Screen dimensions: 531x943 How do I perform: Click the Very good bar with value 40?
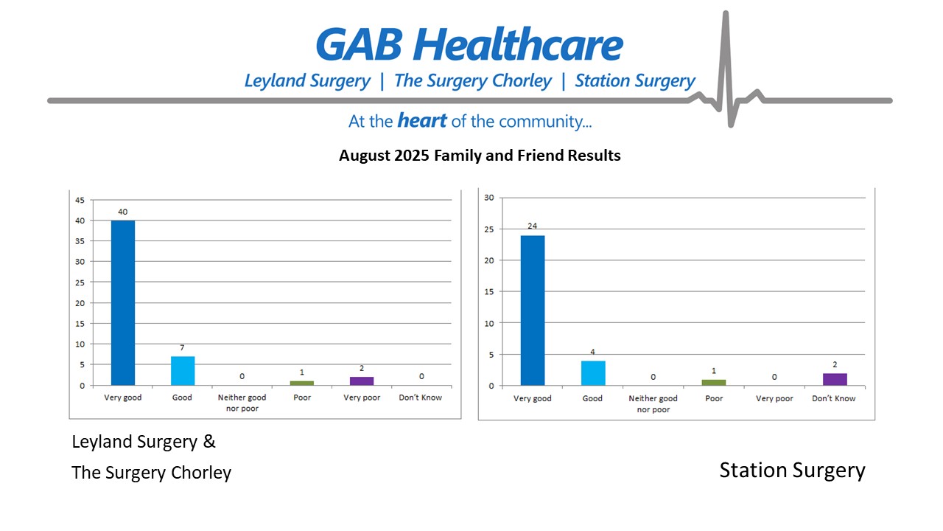[x=123, y=302]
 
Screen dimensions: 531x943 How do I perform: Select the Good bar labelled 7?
[x=183, y=371]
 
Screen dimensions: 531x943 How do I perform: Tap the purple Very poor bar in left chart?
[x=362, y=381]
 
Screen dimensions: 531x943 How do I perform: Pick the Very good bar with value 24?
[x=533, y=310]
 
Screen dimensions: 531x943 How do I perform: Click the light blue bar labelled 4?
[x=593, y=373]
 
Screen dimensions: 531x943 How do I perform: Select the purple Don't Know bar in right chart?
[x=835, y=379]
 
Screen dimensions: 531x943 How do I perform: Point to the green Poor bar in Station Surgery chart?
[x=714, y=382]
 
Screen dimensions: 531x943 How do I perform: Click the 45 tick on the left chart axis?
[x=79, y=200]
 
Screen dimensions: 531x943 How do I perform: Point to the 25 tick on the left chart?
[x=79, y=282]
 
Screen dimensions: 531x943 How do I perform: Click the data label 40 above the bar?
[x=123, y=212]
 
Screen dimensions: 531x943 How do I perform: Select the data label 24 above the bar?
[x=533, y=226]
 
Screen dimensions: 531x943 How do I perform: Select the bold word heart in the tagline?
[x=422, y=121]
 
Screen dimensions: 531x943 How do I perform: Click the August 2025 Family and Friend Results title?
[x=480, y=156]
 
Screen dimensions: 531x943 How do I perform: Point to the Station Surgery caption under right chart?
[x=792, y=470]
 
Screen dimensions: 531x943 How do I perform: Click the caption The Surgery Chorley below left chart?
[x=151, y=473]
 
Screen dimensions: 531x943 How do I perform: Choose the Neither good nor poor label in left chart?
[x=242, y=403]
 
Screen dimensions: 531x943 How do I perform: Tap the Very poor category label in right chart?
[x=774, y=398]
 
